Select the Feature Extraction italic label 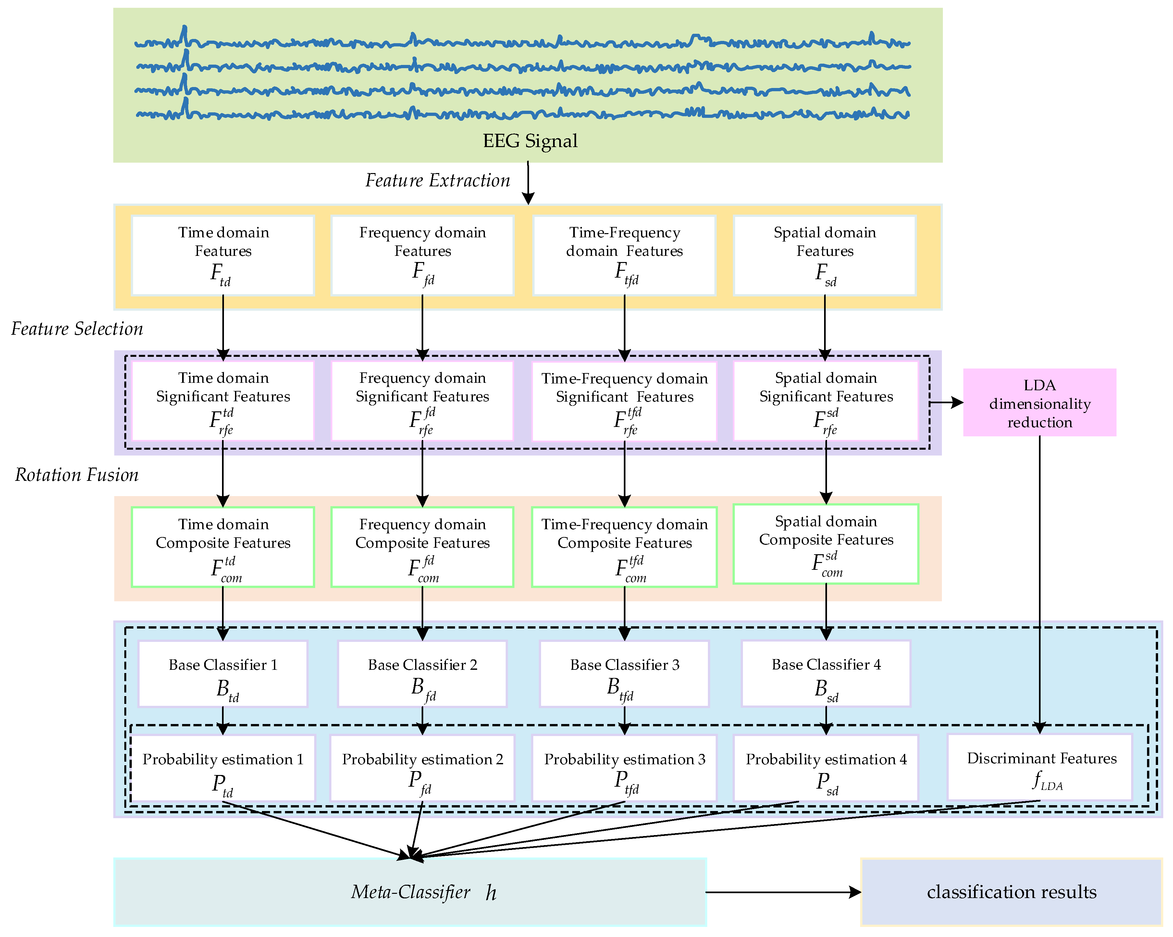(x=438, y=180)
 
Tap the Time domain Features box (x=223, y=255)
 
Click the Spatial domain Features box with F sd (x=824, y=255)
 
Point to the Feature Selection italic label (x=77, y=329)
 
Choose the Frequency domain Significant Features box (x=422, y=401)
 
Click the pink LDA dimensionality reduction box (x=1039, y=403)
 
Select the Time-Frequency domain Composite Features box (x=624, y=547)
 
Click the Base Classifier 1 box (x=223, y=674)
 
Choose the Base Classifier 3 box (x=624, y=674)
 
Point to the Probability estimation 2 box (x=422, y=768)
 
